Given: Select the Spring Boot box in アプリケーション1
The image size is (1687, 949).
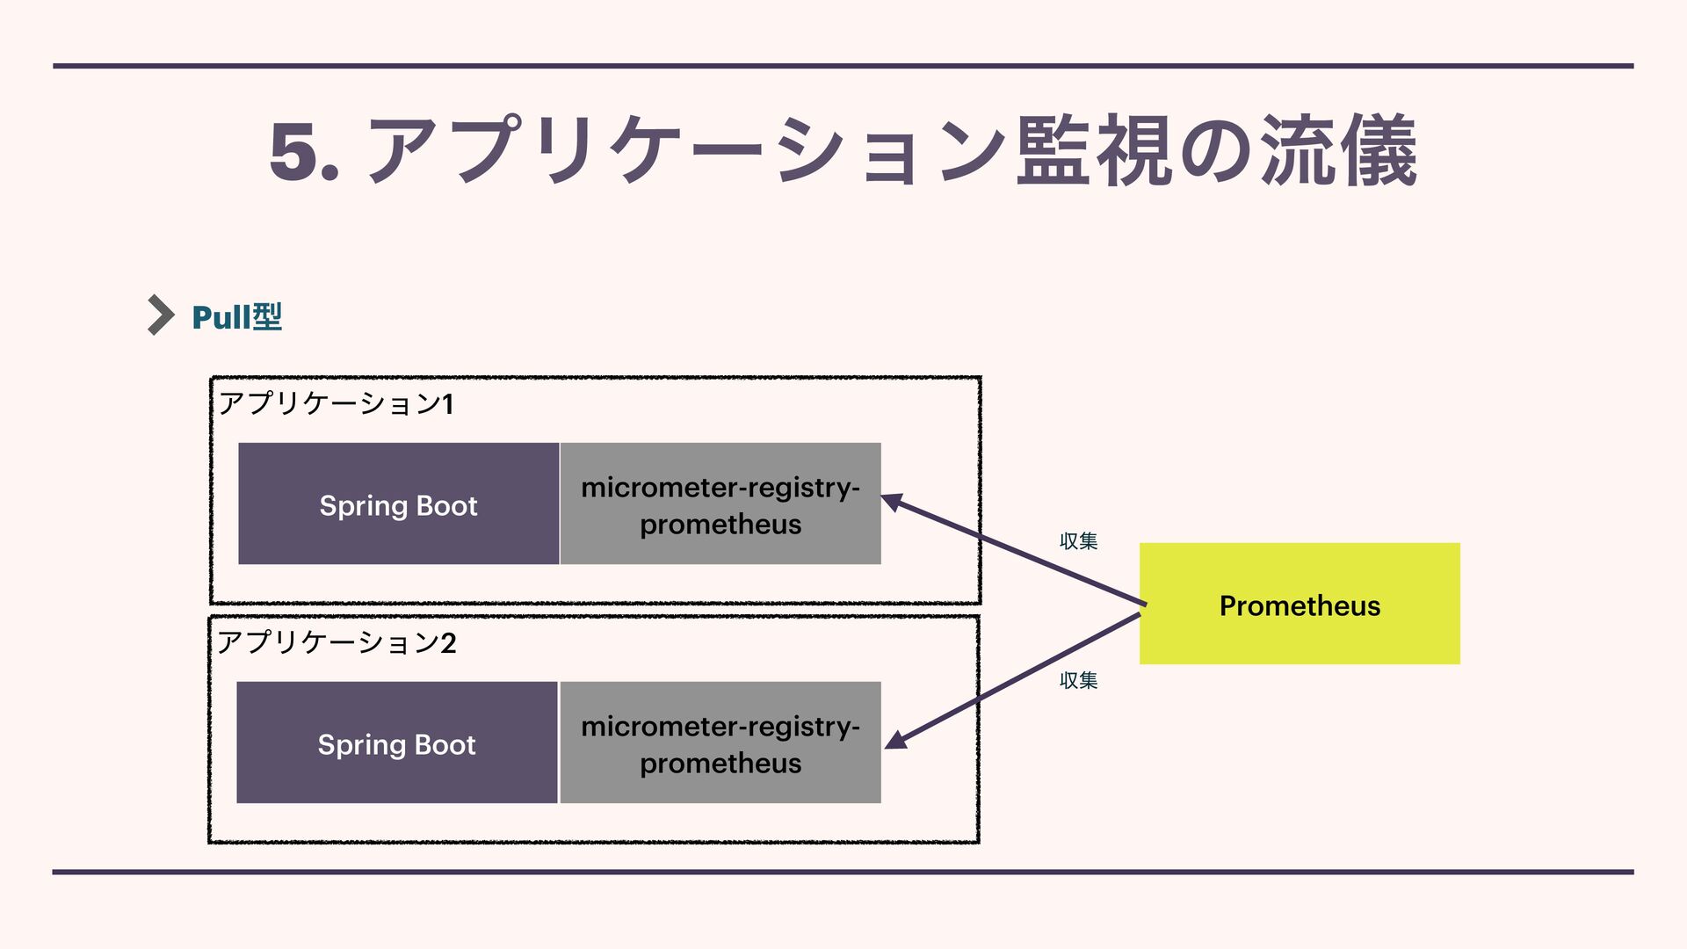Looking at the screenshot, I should pyautogui.click(x=398, y=504).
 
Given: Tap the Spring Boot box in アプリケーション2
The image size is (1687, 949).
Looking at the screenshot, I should pyautogui.click(x=396, y=743).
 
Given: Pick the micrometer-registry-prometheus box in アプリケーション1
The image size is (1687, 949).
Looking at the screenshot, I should pyautogui.click(x=720, y=504).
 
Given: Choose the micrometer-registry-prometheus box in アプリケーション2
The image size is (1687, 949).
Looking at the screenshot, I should pyautogui.click(x=720, y=743).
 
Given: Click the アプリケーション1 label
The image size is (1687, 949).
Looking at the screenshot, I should pyautogui.click(x=336, y=404).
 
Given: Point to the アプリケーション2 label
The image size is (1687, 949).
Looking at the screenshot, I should pyautogui.click(x=336, y=643).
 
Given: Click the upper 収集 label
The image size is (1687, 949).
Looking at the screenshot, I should pyautogui.click(x=1078, y=541).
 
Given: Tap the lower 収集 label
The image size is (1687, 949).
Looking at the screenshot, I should pyautogui.click(x=1078, y=680).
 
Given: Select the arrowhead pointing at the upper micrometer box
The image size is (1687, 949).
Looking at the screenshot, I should pyautogui.click(x=892, y=502).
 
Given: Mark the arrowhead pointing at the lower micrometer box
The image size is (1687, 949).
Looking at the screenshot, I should pyautogui.click(x=895, y=740).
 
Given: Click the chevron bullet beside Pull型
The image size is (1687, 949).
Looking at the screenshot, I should pyautogui.click(x=161, y=315).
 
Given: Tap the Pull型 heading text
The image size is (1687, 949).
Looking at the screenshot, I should pyautogui.click(x=236, y=317).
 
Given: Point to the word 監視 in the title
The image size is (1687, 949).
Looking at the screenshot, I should pyautogui.click(x=1093, y=151).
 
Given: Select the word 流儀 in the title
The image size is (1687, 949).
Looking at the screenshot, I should pyautogui.click(x=1339, y=151).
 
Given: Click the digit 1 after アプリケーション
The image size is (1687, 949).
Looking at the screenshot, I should pyautogui.click(x=447, y=404).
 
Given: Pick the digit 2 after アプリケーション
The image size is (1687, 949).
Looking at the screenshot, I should pyautogui.click(x=448, y=643).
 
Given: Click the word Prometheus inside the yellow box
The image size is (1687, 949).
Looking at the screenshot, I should pyautogui.click(x=1300, y=606).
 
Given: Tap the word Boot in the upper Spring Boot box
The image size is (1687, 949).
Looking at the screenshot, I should pyautogui.click(x=446, y=506).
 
